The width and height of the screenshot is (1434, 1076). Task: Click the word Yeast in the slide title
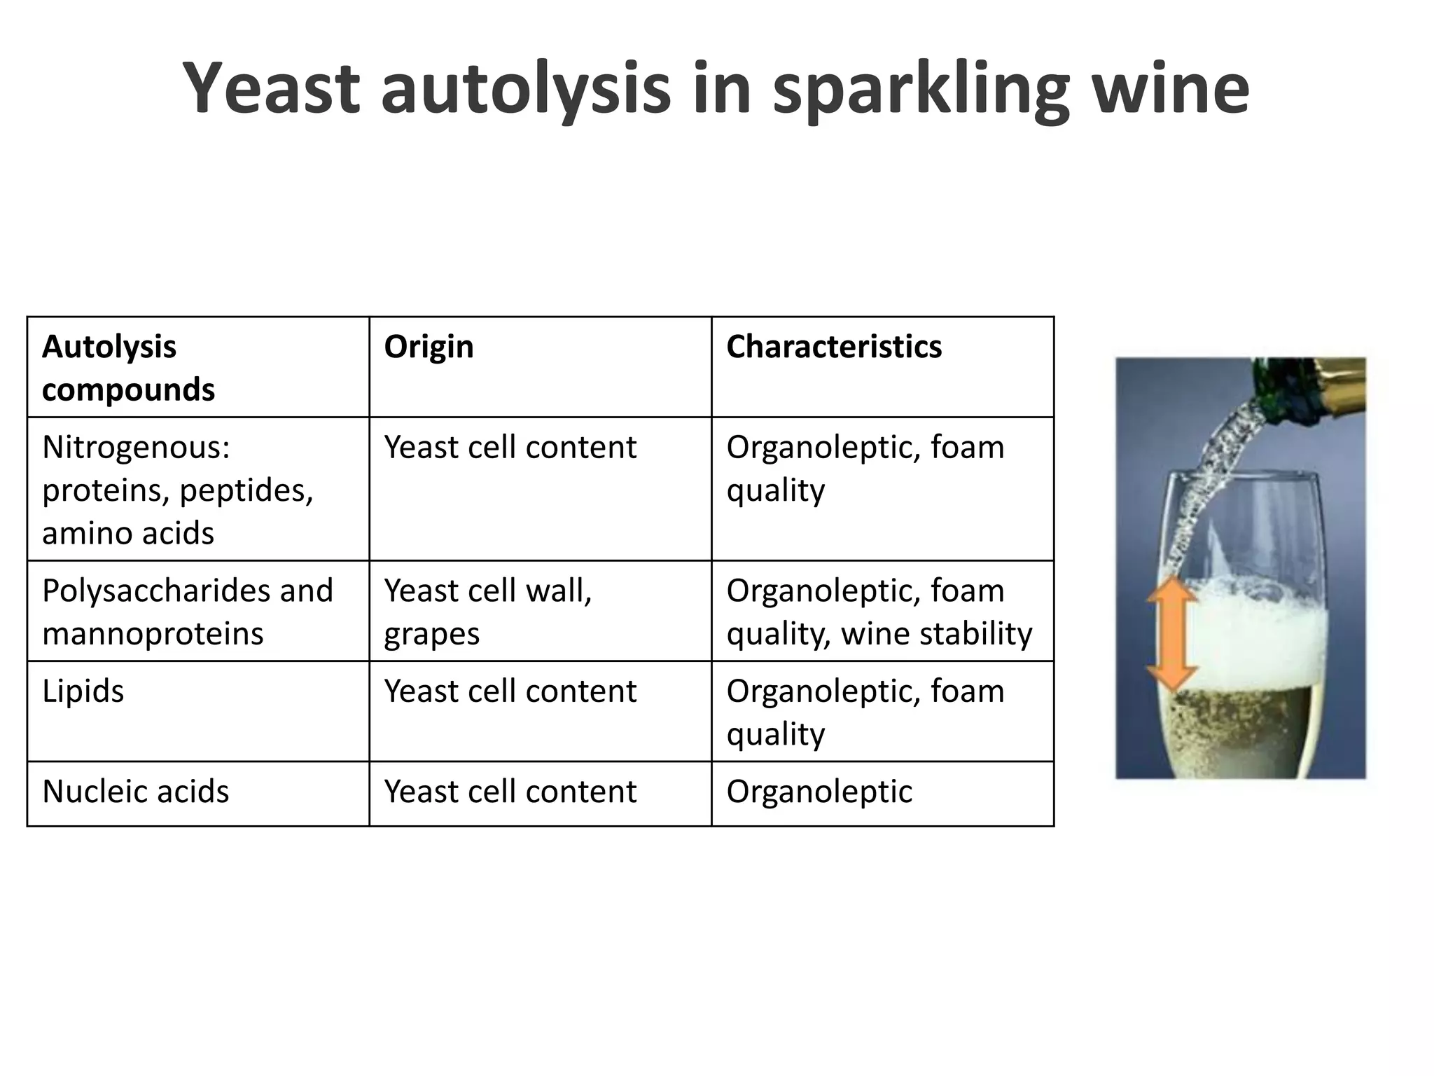coord(272,89)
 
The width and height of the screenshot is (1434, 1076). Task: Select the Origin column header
coord(429,347)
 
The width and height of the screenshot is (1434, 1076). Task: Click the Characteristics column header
coord(833,347)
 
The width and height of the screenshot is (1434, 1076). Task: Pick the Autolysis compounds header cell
coord(128,368)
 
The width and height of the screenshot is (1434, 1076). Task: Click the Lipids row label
coord(83,691)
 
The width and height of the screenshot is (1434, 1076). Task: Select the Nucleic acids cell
coord(136,792)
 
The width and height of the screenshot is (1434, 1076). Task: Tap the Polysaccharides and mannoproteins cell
coord(188,612)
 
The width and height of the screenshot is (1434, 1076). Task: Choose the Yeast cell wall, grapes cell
coord(488,612)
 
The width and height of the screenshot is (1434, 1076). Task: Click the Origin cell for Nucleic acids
coord(510,792)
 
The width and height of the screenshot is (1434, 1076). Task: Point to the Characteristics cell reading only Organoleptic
coord(819,792)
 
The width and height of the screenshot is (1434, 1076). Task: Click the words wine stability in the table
coord(936,634)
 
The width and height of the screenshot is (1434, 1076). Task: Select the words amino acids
coord(128,533)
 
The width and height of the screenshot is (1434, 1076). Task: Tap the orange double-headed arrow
coord(1171,634)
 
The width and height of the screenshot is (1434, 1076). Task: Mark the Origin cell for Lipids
coord(510,691)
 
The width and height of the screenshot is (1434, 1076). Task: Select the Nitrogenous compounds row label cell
coord(178,490)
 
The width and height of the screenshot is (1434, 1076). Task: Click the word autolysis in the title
coord(525,89)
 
